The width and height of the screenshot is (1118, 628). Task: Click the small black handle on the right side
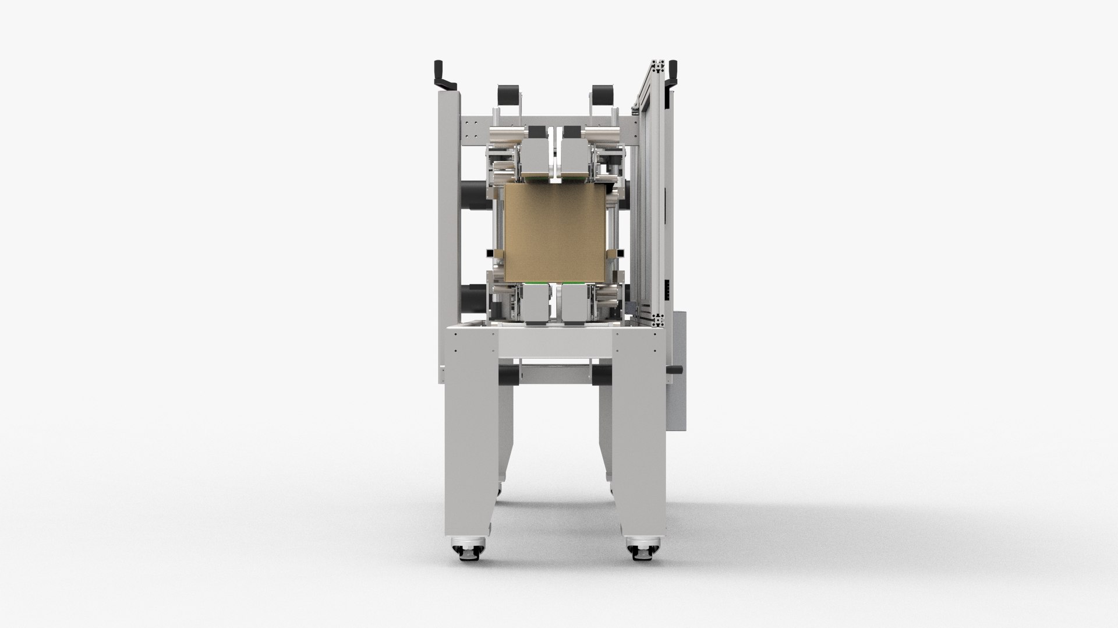(677, 369)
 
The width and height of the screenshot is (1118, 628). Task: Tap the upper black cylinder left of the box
(473, 191)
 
